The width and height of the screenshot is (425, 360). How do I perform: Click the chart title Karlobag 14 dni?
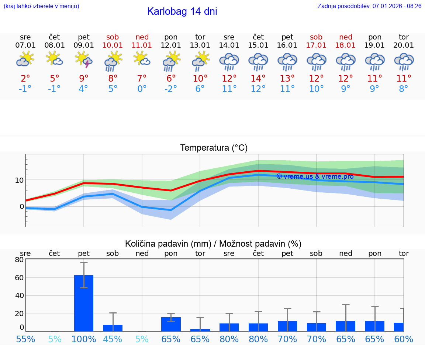click(x=182, y=11)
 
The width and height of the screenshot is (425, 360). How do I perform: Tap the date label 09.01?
click(x=84, y=45)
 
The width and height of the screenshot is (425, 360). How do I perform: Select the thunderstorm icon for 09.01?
click(x=84, y=60)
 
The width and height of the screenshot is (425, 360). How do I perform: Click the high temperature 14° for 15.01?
click(x=258, y=78)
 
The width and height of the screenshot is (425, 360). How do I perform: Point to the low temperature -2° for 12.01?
click(x=171, y=89)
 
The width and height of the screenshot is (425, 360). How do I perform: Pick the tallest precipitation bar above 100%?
click(x=84, y=303)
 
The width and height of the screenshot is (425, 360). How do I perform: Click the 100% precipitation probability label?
click(x=84, y=339)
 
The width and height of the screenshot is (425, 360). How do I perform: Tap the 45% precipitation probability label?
click(x=113, y=339)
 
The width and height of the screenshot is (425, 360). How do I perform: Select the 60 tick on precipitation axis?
click(x=19, y=277)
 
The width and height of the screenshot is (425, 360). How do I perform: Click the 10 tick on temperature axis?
click(x=19, y=180)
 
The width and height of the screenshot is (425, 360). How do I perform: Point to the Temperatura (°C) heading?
click(x=214, y=148)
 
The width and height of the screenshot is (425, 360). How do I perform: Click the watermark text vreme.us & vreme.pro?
click(x=315, y=176)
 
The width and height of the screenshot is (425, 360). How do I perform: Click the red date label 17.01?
click(x=316, y=45)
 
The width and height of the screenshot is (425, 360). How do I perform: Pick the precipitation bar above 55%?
click(x=25, y=331)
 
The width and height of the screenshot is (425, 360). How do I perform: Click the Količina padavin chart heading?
click(x=213, y=244)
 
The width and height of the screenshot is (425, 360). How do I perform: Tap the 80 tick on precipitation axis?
click(x=19, y=260)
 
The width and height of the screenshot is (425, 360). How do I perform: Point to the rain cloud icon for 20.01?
click(x=404, y=61)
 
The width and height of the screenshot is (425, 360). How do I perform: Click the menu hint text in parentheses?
click(x=41, y=6)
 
